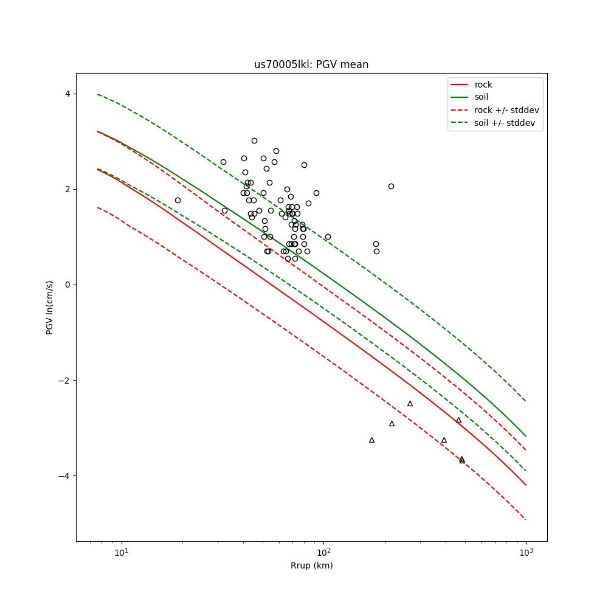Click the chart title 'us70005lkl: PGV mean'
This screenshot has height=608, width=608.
[311, 64]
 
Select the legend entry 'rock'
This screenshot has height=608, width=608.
[483, 85]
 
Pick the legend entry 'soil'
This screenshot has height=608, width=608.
[482, 97]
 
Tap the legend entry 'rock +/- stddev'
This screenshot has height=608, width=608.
[506, 110]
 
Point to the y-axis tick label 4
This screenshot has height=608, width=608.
[67, 94]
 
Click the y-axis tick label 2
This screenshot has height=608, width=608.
[67, 189]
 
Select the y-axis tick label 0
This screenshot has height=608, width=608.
[67, 285]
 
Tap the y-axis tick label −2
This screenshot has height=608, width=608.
[64, 381]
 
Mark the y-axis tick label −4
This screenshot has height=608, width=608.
[64, 476]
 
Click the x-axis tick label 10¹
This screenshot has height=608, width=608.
[122, 552]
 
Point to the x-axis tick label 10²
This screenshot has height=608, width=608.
[324, 552]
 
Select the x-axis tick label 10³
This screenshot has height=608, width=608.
[526, 552]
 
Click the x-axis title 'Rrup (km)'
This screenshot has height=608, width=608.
[311, 565]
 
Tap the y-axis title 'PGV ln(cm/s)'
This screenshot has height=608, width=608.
[50, 308]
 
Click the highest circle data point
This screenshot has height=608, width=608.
[254, 140]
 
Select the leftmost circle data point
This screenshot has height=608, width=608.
[178, 200]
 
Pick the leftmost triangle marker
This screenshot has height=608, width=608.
[371, 440]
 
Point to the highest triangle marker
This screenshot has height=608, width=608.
[410, 403]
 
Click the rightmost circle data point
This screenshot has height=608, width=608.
[391, 186]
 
